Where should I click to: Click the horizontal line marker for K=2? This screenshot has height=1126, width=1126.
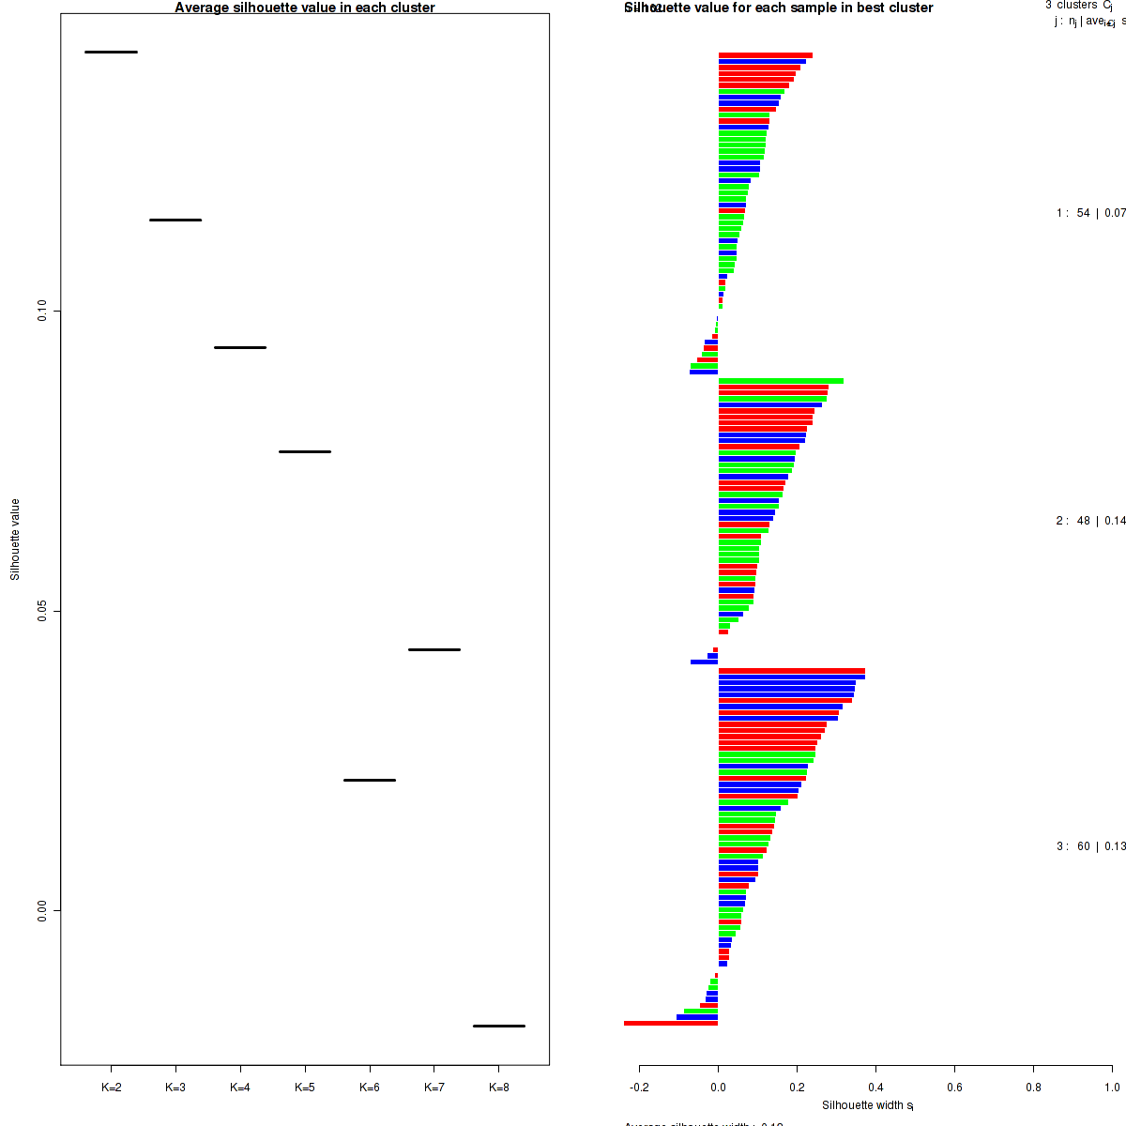(111, 52)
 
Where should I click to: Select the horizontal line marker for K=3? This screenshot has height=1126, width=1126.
(175, 220)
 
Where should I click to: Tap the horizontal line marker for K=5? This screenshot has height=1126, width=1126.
(305, 451)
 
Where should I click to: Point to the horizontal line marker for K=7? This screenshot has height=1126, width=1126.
(434, 649)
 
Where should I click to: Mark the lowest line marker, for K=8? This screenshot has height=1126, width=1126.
(498, 1026)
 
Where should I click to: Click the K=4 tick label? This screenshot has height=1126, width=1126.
(240, 1088)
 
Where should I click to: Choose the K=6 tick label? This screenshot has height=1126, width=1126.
(370, 1088)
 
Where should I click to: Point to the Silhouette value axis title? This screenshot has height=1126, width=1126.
(15, 540)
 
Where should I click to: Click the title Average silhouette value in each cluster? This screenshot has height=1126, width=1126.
(305, 8)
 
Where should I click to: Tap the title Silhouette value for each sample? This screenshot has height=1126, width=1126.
(779, 8)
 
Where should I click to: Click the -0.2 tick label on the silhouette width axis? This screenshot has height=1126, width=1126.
(639, 1088)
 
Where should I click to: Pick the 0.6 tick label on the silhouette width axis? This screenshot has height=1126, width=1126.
(954, 1088)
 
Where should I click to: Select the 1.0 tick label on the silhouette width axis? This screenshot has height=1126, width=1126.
(1111, 1088)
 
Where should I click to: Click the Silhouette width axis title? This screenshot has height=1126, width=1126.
(868, 1105)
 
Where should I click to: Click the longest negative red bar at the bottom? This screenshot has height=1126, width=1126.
(671, 1023)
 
